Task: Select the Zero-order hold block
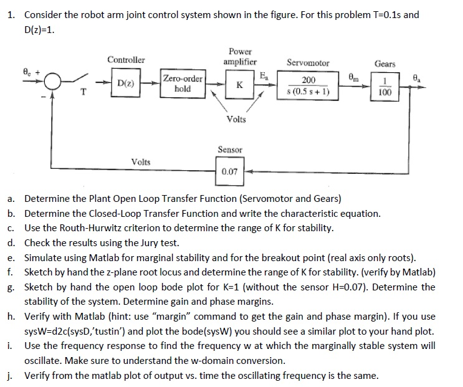click(x=183, y=84)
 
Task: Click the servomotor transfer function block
click(x=308, y=86)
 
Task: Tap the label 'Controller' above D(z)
click(x=126, y=60)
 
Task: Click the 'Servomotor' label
click(x=308, y=63)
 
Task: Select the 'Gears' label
click(x=384, y=64)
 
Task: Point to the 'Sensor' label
click(x=230, y=150)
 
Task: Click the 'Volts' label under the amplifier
click(x=237, y=119)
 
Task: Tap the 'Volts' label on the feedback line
click(x=141, y=161)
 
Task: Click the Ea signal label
click(x=264, y=76)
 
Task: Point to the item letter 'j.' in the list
click(x=11, y=375)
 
